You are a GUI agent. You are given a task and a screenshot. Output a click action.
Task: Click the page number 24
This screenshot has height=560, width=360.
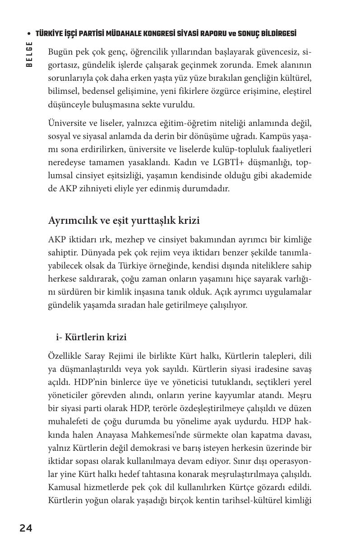coord(26,528)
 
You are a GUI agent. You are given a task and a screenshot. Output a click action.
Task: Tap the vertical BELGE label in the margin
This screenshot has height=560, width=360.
coord(29,54)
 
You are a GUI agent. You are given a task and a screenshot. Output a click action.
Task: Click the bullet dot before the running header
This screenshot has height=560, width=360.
coord(29,34)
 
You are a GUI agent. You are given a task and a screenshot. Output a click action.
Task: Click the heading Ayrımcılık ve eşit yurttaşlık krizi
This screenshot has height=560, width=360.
coord(124,221)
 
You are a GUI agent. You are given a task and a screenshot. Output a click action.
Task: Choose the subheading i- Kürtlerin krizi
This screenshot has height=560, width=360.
coord(91,337)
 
